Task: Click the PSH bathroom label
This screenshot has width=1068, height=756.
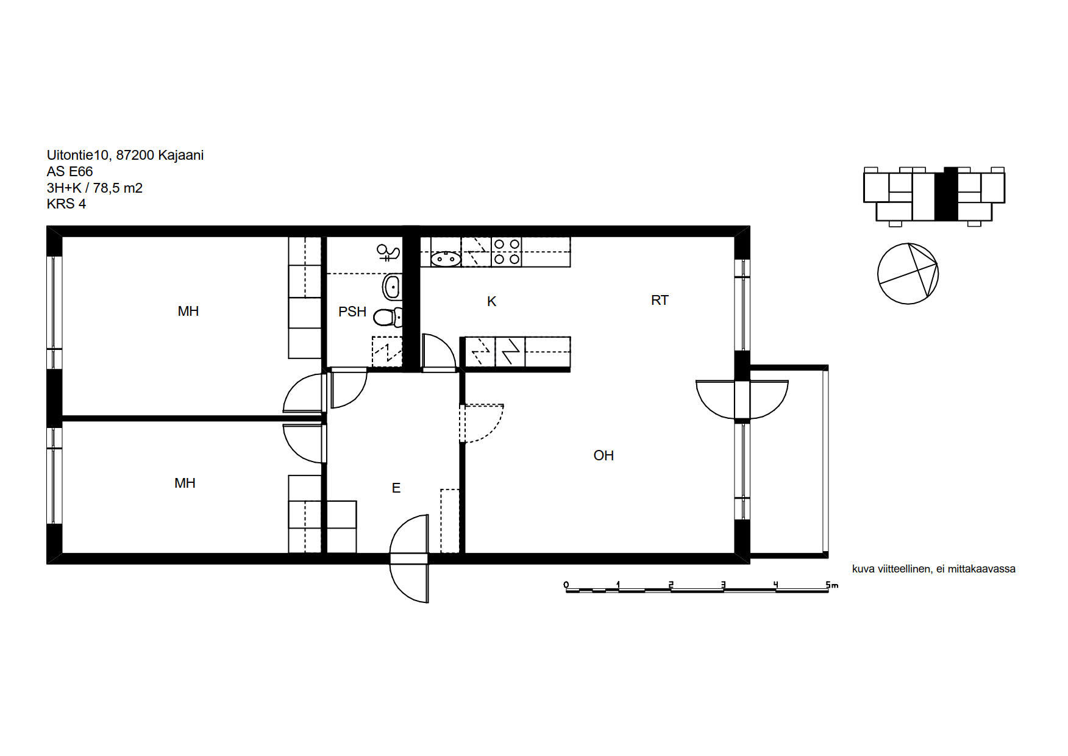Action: [x=352, y=312]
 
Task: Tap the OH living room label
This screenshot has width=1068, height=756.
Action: [x=603, y=455]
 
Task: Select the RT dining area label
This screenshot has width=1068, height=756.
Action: [x=660, y=300]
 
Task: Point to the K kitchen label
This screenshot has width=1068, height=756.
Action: [x=491, y=301]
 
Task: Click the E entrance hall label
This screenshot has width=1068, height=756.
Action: [x=396, y=488]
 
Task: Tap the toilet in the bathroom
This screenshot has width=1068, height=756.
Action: [x=388, y=317]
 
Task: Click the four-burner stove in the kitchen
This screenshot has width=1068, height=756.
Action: [x=507, y=252]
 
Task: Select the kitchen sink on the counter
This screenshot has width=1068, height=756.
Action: [x=446, y=259]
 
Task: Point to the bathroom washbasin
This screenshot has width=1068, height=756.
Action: [x=392, y=285]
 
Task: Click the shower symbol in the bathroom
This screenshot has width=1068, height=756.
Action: [x=388, y=251]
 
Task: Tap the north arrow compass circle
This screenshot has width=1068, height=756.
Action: [x=908, y=274]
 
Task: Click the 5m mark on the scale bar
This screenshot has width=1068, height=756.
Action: [x=831, y=585]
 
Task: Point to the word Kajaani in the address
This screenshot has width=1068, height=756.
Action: [x=181, y=155]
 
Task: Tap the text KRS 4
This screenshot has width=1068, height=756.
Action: [x=66, y=204]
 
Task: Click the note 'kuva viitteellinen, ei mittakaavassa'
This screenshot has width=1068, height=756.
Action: [x=934, y=569]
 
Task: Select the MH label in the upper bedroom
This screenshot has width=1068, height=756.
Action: [x=188, y=311]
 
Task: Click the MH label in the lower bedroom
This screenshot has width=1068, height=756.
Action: [x=185, y=483]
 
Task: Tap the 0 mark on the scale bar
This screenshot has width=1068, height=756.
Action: [x=566, y=585]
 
